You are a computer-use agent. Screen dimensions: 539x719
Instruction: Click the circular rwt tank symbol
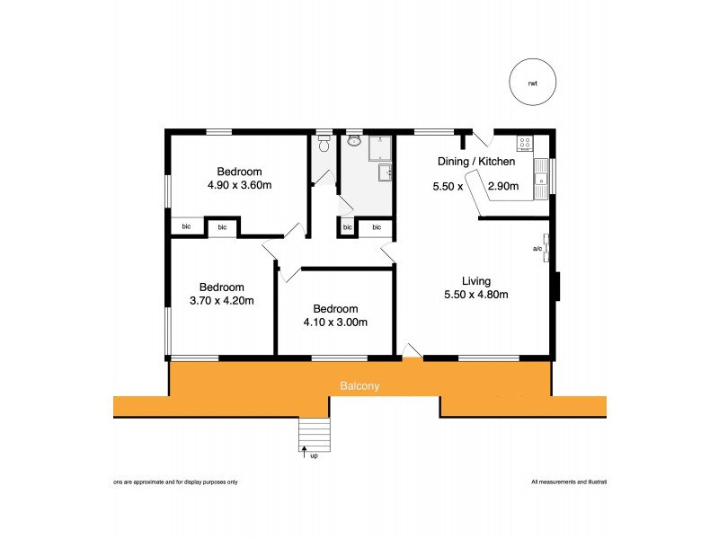click(534, 83)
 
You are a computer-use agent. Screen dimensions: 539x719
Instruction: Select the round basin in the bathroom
click(354, 142)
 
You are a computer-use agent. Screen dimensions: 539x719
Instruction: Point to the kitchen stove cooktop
click(524, 144)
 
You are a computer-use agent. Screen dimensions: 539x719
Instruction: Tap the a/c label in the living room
click(537, 248)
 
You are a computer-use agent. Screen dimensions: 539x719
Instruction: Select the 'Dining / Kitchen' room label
click(475, 162)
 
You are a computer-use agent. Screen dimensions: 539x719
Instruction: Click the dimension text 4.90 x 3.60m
click(239, 185)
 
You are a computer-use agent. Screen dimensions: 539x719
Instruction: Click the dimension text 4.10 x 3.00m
click(335, 322)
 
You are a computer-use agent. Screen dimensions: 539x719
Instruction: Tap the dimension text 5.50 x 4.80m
click(476, 295)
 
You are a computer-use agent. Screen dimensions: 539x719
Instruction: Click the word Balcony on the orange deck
click(359, 386)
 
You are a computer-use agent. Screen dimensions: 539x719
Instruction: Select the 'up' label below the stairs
click(314, 455)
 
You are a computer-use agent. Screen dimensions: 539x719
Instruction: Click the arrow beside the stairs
click(304, 453)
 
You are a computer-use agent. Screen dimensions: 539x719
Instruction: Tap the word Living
click(476, 280)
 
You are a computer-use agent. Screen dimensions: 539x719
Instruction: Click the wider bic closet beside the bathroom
click(377, 227)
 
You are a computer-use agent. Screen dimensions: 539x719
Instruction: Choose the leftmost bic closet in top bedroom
click(187, 226)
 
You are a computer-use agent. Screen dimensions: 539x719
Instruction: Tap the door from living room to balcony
click(411, 351)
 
